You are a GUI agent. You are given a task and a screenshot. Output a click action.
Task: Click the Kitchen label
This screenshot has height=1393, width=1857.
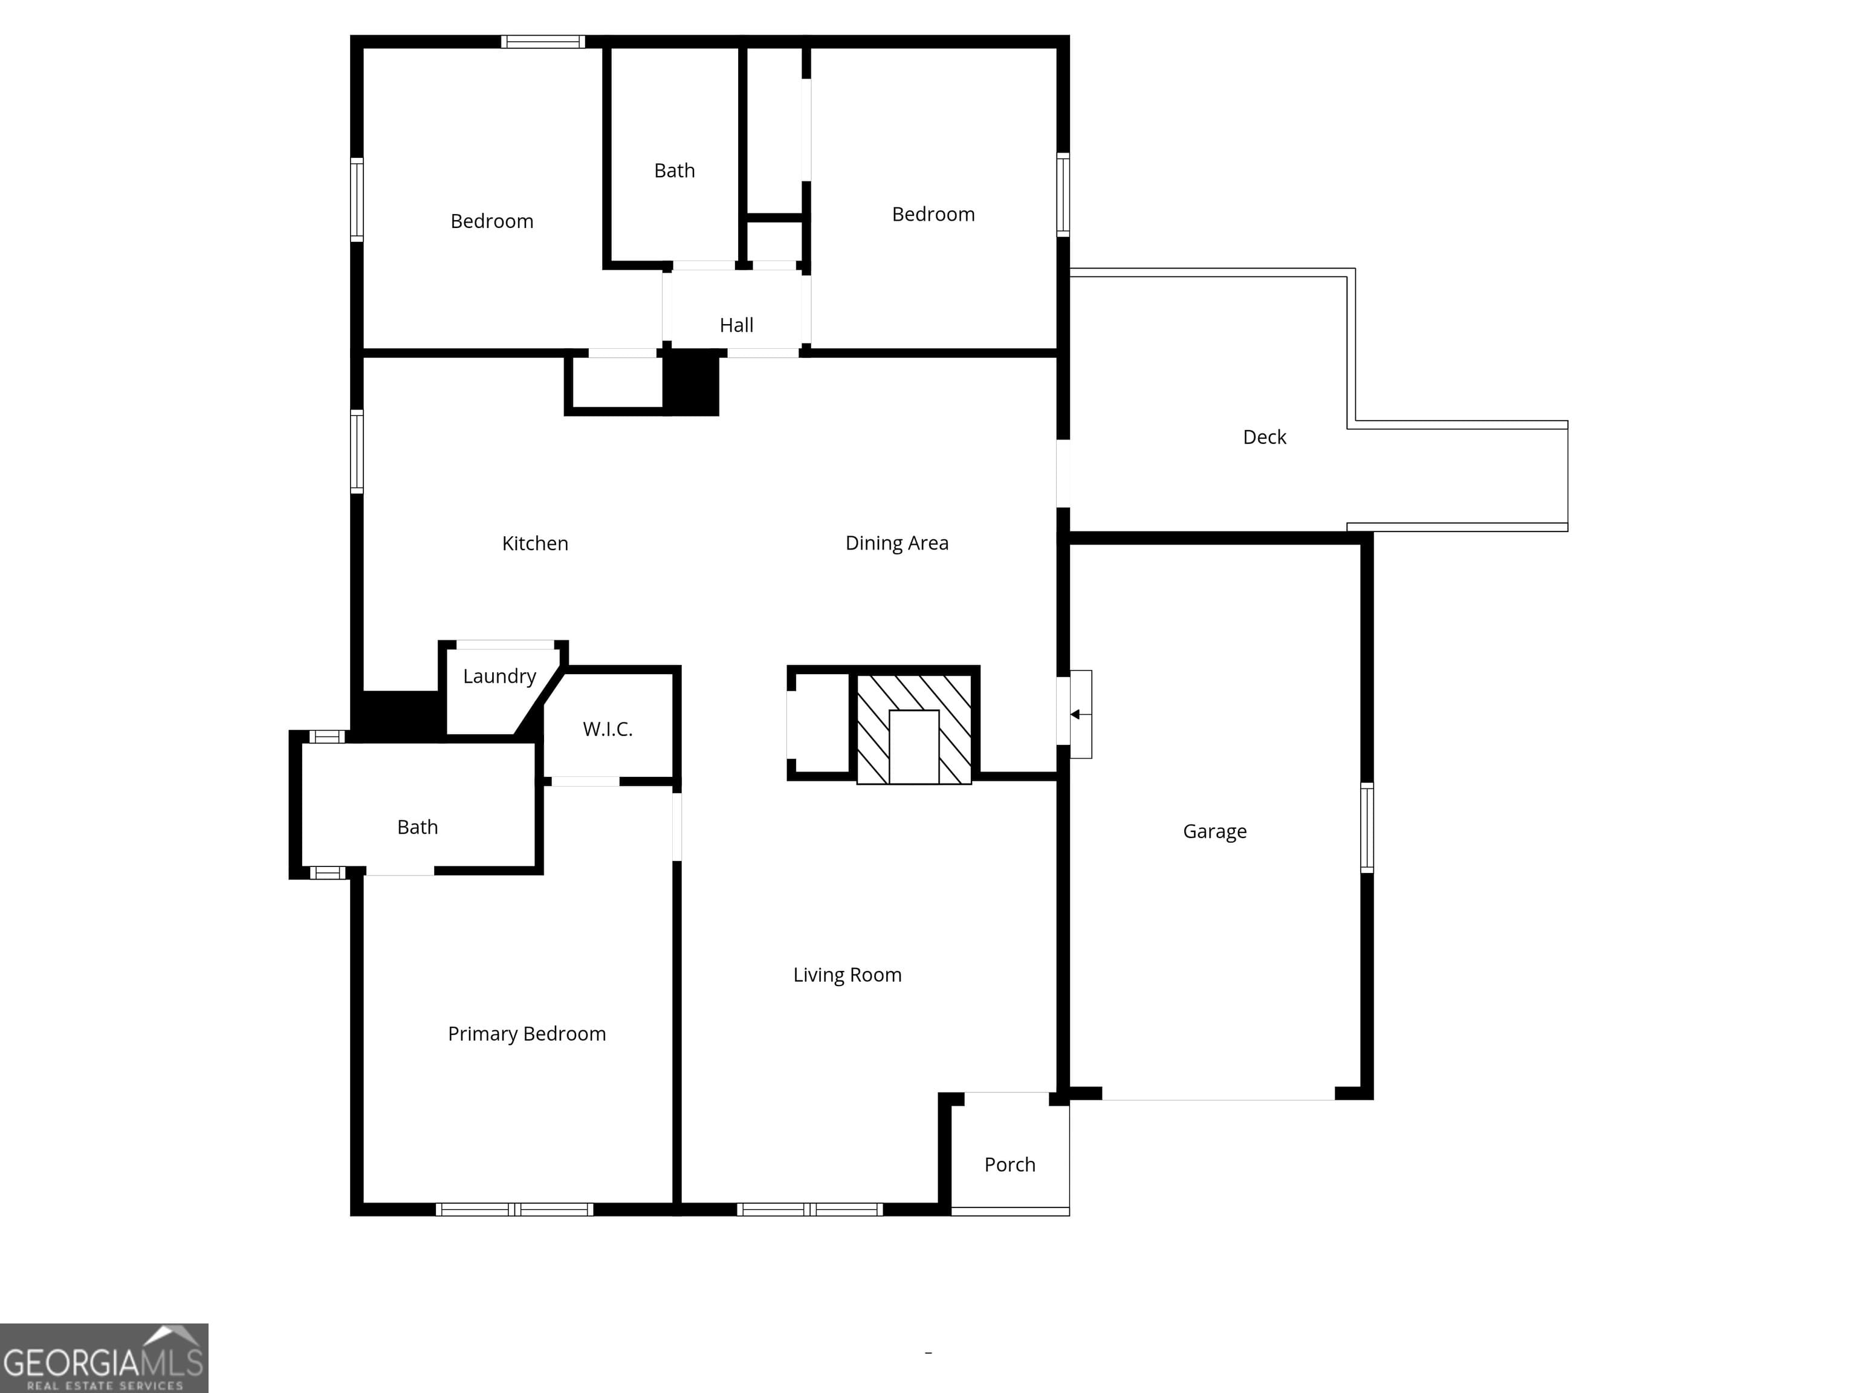click(x=535, y=544)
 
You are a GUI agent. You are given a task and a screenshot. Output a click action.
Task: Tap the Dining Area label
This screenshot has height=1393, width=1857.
click(x=896, y=544)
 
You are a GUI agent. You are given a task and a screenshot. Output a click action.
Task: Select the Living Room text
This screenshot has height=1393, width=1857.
click(x=847, y=975)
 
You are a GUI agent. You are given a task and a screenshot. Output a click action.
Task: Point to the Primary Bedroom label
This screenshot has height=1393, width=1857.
click(x=527, y=1034)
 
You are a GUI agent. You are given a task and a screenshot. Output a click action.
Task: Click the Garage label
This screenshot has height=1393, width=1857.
click(x=1215, y=831)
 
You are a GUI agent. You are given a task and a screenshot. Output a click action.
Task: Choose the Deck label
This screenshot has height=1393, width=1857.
click(x=1265, y=437)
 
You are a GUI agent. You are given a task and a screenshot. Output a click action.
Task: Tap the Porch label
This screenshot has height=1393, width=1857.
click(x=1010, y=1164)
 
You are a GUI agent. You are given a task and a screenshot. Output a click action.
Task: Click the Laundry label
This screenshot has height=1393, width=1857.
click(x=499, y=677)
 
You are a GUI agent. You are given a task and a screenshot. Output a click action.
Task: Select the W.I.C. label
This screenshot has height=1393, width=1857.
click(x=608, y=729)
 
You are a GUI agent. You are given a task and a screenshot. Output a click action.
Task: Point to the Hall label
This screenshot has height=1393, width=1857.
click(x=736, y=325)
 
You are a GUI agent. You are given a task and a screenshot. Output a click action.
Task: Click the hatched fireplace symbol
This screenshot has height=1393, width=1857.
click(x=914, y=728)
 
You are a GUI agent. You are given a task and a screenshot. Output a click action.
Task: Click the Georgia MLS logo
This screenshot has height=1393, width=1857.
click(x=104, y=1358)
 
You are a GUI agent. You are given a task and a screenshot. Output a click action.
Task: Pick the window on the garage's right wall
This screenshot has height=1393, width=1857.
click(x=1367, y=828)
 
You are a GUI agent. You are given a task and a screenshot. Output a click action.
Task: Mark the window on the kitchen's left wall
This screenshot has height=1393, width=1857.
click(x=357, y=452)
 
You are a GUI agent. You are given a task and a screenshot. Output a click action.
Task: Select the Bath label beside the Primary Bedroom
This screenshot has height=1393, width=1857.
click(x=417, y=827)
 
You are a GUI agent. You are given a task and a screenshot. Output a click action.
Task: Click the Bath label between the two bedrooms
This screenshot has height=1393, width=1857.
click(x=674, y=170)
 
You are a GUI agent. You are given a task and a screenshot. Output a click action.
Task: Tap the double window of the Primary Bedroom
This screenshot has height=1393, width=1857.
click(x=514, y=1209)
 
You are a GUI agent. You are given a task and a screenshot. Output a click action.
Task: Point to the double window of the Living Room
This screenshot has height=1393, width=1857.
click(x=810, y=1209)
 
